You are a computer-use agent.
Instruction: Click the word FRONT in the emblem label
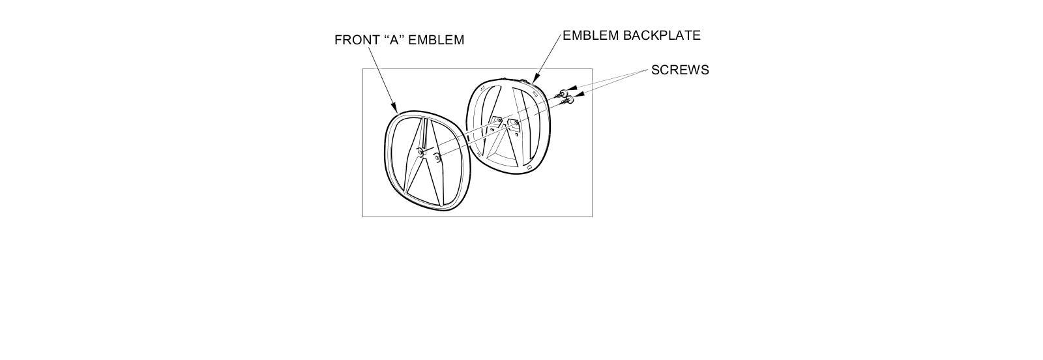pyautogui.click(x=355, y=40)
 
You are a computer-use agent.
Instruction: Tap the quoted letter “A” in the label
pyautogui.click(x=393, y=40)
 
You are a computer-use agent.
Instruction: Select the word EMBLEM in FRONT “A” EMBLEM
pyautogui.click(x=436, y=40)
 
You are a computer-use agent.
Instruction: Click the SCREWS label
pyautogui.click(x=680, y=70)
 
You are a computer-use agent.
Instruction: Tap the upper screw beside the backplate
pyautogui.click(x=562, y=94)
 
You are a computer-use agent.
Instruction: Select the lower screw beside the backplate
pyautogui.click(x=569, y=100)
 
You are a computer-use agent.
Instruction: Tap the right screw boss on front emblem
pyautogui.click(x=437, y=155)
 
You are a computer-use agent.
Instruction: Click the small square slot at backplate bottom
pyautogui.click(x=529, y=167)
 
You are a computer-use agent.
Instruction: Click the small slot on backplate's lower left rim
pyautogui.click(x=478, y=154)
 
